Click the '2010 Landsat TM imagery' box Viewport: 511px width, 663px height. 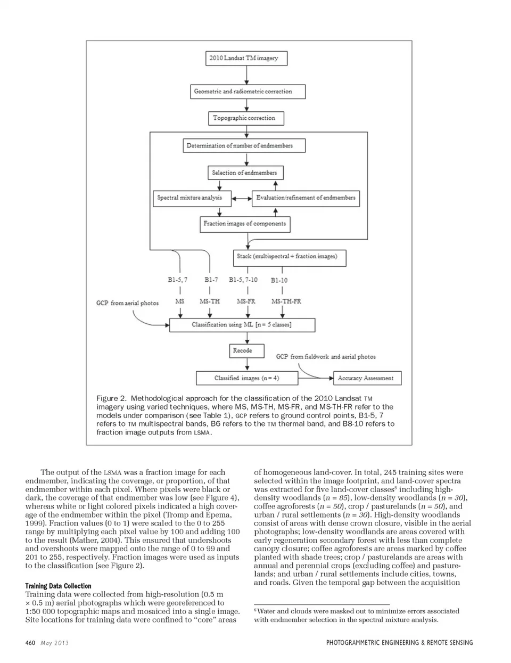click(246, 58)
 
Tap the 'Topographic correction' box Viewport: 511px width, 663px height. click(245, 118)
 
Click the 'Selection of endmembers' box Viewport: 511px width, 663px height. click(245, 173)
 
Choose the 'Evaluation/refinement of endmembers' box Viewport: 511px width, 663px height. click(306, 198)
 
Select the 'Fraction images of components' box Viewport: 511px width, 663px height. click(245, 224)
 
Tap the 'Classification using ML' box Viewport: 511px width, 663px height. click(242, 325)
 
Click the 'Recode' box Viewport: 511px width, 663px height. click(242, 351)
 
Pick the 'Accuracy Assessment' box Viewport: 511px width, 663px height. click(365, 378)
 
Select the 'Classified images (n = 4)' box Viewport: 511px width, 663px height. click(246, 378)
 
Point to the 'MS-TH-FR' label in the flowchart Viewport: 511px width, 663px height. click(286, 301)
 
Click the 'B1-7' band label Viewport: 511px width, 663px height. click(211, 280)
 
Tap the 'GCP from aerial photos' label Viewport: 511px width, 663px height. click(127, 303)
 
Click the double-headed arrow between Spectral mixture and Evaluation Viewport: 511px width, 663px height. click(242, 199)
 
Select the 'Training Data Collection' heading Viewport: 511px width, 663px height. click(58, 586)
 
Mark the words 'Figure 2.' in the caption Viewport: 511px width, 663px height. click(111, 398)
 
